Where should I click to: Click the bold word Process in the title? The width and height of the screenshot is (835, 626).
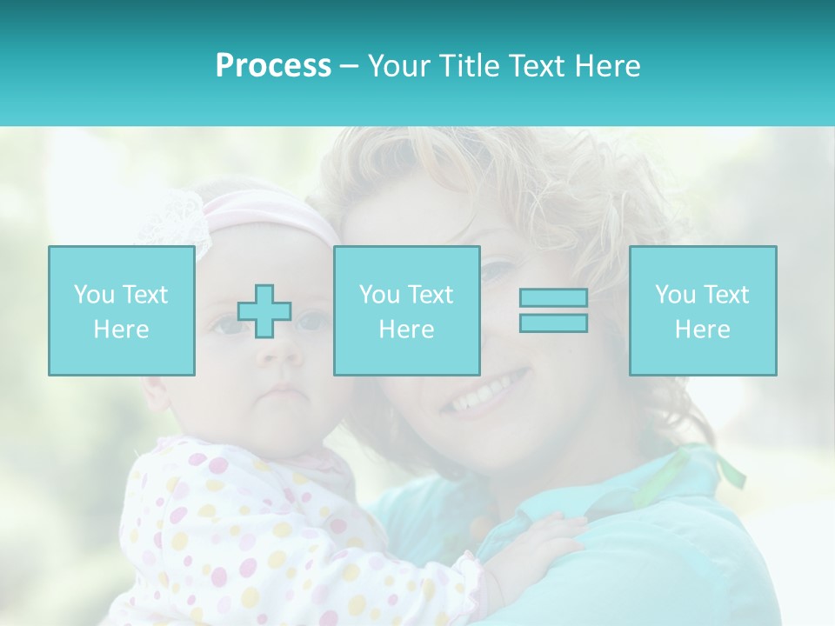click(x=273, y=66)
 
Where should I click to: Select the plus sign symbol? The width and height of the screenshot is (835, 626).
click(x=264, y=310)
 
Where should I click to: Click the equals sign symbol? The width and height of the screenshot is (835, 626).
click(x=553, y=310)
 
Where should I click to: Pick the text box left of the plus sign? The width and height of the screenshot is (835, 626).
click(x=122, y=310)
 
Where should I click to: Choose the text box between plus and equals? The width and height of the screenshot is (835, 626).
click(x=407, y=310)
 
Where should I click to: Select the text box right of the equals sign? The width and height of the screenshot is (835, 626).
click(x=703, y=310)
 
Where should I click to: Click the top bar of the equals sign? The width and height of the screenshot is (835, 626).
click(x=553, y=298)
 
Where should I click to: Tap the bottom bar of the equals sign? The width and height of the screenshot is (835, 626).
click(x=553, y=323)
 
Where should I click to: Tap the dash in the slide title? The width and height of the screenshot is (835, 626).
click(x=349, y=67)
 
